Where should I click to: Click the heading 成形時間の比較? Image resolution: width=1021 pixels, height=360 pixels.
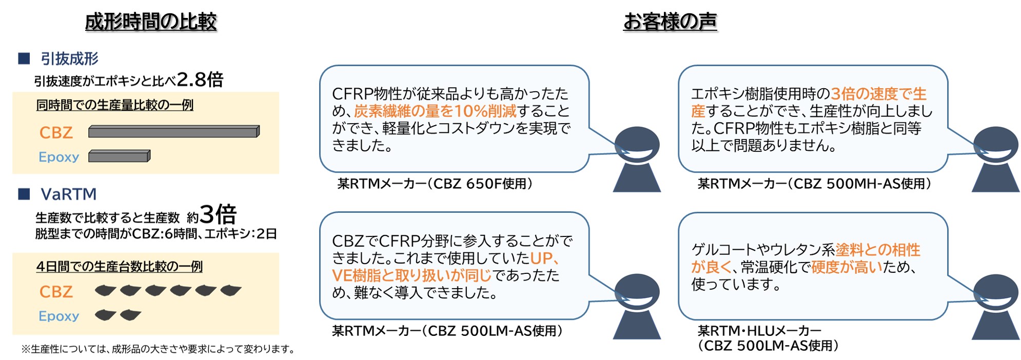click(151, 22)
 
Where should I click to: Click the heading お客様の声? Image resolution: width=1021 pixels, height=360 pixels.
click(670, 22)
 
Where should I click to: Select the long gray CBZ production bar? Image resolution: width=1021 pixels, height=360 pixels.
click(174, 131)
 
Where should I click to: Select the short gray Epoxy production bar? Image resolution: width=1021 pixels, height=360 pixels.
click(120, 156)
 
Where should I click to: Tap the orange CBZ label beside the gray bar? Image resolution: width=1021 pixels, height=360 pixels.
click(56, 132)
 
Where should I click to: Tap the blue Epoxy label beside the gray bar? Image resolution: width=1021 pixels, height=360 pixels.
click(59, 157)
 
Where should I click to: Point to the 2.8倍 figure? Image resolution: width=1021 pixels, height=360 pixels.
click(200, 79)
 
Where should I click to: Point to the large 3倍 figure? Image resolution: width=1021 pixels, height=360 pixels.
click(218, 214)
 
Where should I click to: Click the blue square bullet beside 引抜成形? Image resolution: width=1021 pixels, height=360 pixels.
click(24, 58)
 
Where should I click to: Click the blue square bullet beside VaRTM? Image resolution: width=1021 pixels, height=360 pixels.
click(24, 194)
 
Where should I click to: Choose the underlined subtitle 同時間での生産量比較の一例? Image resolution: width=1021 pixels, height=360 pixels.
click(115, 105)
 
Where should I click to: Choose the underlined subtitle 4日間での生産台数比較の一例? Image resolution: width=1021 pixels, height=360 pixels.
click(120, 267)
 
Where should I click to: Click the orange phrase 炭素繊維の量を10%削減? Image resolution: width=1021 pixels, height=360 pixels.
click(436, 111)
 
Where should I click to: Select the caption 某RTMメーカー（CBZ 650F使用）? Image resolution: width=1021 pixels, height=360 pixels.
click(435, 184)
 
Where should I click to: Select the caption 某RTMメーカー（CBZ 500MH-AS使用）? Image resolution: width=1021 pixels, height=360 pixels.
click(814, 184)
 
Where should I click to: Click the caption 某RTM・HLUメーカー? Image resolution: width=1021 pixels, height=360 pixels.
click(759, 331)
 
